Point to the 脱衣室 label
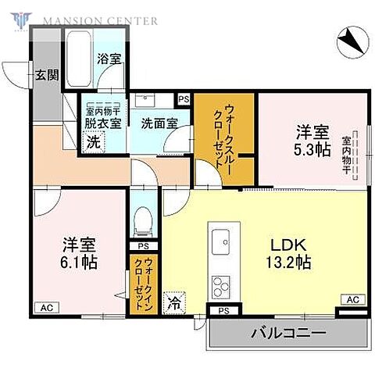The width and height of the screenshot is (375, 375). [x=103, y=123]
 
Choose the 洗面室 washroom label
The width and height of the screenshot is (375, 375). [x=157, y=123]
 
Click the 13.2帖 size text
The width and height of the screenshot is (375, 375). [x=289, y=263]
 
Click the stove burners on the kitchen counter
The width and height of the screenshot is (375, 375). [x=220, y=285]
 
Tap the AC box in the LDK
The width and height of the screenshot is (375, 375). [x=352, y=300]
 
